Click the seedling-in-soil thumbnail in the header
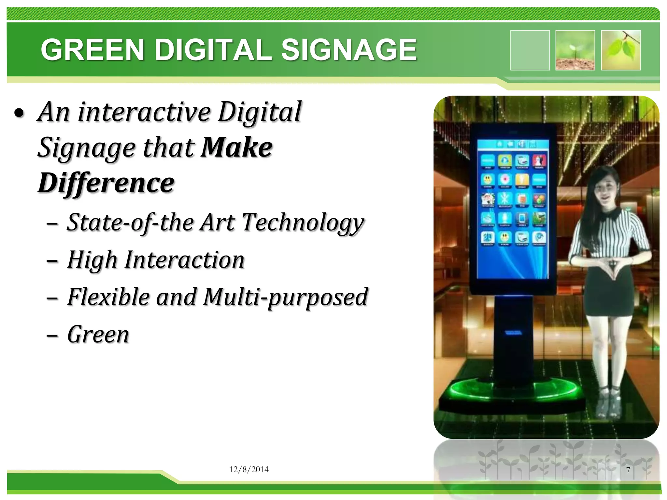pyautogui.click(x=575, y=50)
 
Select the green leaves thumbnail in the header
pyautogui.click(x=621, y=50)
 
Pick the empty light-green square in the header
pyautogui.click(x=530, y=50)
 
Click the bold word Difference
pyautogui.click(x=106, y=183)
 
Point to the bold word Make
pyautogui.click(x=237, y=147)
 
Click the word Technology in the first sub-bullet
pyautogui.click(x=303, y=223)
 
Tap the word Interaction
pyautogui.click(x=185, y=260)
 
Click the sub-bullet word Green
pyautogui.click(x=98, y=335)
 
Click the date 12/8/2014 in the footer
pyautogui.click(x=249, y=469)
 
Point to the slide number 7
pyautogui.click(x=628, y=470)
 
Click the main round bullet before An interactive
pyautogui.click(x=19, y=113)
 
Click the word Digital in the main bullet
pyautogui.click(x=260, y=112)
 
